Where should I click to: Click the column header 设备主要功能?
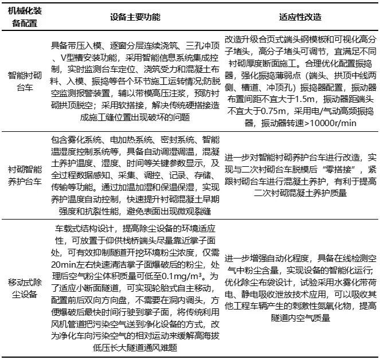click(135, 17)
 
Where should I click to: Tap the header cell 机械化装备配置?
click(23, 17)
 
